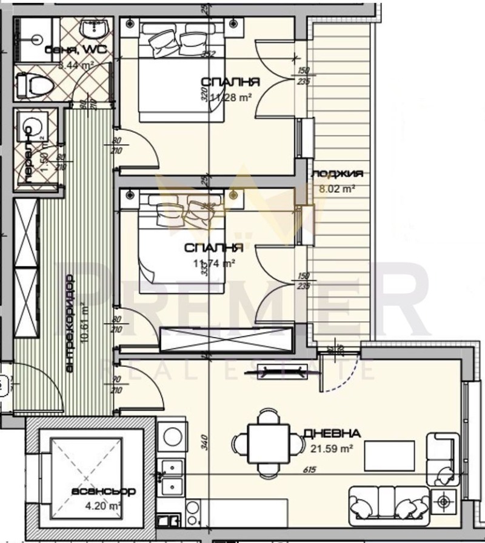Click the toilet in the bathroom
[35, 84]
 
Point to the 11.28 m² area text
[230, 96]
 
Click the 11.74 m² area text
[213, 263]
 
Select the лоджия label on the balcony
[337, 174]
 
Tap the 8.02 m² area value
[337, 188]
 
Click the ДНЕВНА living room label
[332, 433]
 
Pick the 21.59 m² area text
[332, 449]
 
